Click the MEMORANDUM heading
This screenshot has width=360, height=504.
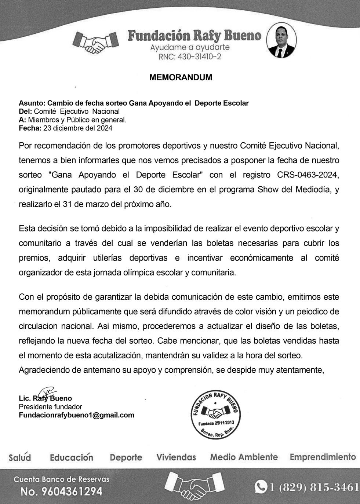point(181,77)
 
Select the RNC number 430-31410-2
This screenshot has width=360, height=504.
point(190,57)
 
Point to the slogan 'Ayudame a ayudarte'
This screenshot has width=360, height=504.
point(190,47)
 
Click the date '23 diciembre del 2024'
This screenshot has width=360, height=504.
point(78,128)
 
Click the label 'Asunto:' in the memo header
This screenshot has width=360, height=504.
point(32,103)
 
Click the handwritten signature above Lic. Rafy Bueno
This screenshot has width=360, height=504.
point(46,393)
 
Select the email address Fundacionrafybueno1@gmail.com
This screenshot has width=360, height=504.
point(76,415)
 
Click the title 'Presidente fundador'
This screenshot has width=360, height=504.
point(50,407)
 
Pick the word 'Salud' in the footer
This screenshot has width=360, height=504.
point(20,457)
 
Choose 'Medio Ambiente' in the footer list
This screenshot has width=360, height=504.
point(244,457)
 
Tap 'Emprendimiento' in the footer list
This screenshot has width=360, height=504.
point(323,457)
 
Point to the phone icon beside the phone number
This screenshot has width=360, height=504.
point(261,487)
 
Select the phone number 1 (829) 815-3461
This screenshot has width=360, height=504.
point(314,487)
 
